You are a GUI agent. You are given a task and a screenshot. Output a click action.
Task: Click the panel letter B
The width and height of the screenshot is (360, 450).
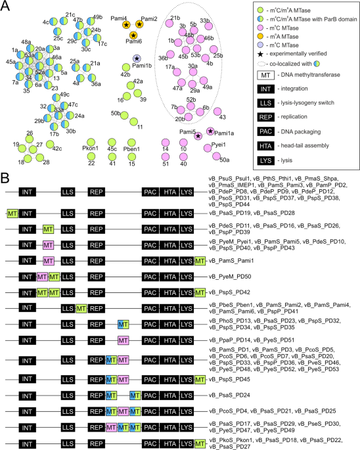click(x=5, y=178)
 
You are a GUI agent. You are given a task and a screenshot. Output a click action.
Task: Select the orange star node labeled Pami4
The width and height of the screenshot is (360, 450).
click(x=125, y=24)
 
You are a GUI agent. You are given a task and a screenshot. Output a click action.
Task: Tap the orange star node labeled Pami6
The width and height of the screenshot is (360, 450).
click(x=133, y=35)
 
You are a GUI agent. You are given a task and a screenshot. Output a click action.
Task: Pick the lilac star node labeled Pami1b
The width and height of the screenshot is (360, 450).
click(x=137, y=60)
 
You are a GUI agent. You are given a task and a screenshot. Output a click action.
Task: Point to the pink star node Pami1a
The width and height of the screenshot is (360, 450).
click(x=210, y=131)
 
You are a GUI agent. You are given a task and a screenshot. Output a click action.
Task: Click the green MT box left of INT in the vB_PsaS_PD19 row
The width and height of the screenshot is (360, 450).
click(x=12, y=213)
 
